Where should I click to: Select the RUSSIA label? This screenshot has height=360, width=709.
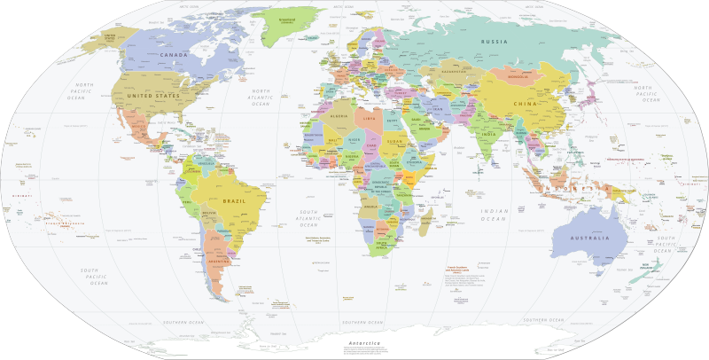pyautogui.click(x=494, y=42)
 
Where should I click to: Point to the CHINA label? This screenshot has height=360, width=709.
pyautogui.click(x=526, y=104)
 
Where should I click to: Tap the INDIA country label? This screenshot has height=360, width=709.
pyautogui.click(x=487, y=134)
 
